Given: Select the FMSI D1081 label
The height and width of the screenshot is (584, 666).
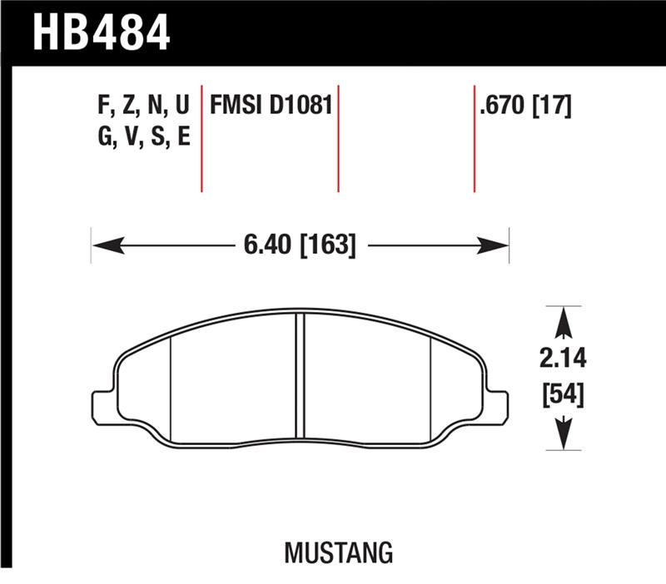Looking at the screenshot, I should [271, 106].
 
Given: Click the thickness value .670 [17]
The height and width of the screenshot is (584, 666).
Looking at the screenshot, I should [524, 106].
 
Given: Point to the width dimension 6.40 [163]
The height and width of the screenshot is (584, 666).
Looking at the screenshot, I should [300, 245].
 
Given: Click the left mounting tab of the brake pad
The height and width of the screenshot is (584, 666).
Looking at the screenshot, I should [102, 401].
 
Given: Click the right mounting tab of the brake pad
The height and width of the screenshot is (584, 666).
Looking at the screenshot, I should [498, 401].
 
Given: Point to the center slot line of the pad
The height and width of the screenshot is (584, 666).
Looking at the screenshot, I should [300, 379].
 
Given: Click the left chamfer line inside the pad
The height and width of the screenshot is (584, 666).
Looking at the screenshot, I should [170, 387].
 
